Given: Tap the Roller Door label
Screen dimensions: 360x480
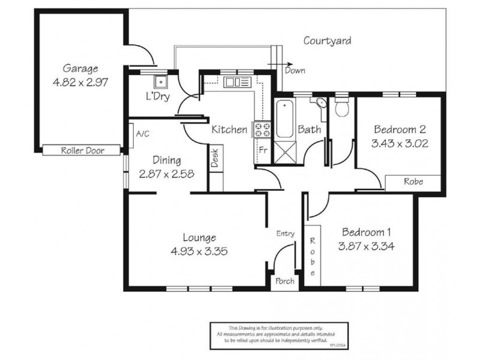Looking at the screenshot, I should click(x=82, y=151).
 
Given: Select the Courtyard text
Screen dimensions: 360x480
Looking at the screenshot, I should click(x=326, y=41).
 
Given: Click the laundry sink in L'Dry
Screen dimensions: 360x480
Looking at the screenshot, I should click(x=160, y=82).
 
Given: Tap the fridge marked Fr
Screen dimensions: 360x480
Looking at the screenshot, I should click(x=262, y=151).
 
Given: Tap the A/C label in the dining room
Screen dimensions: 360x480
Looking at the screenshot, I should click(x=142, y=134).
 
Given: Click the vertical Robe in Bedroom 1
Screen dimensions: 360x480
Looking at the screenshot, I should click(x=313, y=256).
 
